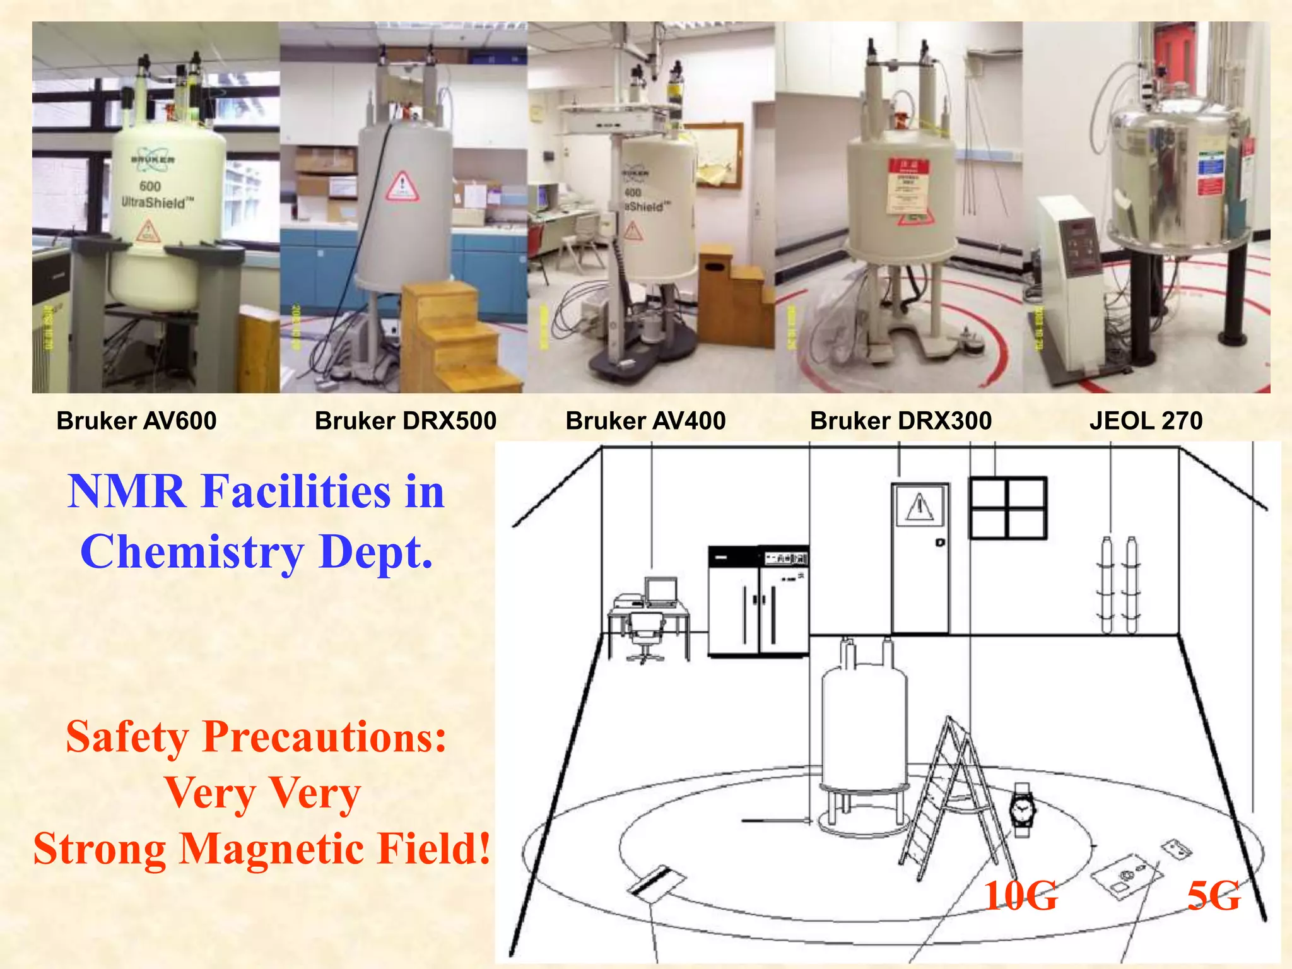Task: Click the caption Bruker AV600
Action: (136, 421)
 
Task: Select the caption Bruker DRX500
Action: (406, 421)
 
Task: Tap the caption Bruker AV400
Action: (645, 421)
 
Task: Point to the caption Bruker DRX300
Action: (901, 421)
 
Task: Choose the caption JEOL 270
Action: (1146, 421)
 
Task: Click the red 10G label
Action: (1020, 896)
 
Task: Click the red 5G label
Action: (1213, 896)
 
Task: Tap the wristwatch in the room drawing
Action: (1022, 809)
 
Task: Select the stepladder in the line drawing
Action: (956, 801)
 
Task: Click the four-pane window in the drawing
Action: (1007, 508)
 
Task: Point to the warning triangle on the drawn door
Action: (920, 506)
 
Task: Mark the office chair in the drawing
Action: (645, 637)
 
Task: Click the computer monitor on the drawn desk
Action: (661, 592)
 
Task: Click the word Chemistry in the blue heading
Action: (192, 553)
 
